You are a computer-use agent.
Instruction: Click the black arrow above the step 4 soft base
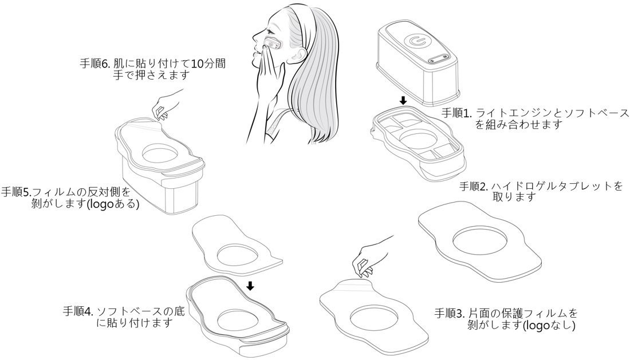click(x=250, y=285)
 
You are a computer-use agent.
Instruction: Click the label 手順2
click(x=474, y=187)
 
